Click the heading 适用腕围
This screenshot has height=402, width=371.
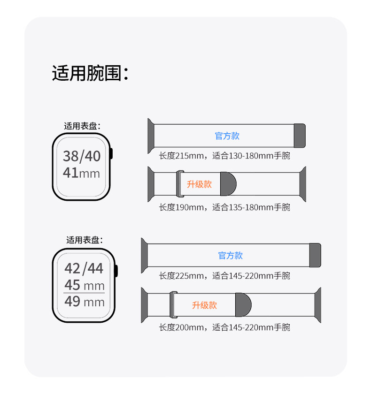[90, 73]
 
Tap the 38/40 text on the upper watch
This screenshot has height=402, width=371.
[82, 156]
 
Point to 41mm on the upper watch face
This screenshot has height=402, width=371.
[82, 173]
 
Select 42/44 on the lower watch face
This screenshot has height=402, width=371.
[84, 268]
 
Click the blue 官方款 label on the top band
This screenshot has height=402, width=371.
[227, 136]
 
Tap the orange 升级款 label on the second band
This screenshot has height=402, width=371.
[199, 184]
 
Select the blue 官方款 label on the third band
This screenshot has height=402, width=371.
[231, 256]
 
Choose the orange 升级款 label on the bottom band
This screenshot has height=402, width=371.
[204, 305]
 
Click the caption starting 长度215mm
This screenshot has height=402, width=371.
[224, 156]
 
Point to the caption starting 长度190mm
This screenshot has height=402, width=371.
[224, 207]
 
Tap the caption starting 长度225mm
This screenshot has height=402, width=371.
[224, 276]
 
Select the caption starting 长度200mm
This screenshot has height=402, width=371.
[224, 327]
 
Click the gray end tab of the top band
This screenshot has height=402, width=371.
[300, 136]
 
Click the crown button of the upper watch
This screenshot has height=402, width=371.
[112, 155]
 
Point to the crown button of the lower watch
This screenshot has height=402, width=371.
[116, 271]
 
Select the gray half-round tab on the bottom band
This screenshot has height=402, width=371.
[243, 304]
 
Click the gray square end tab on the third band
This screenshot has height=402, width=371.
[315, 255]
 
